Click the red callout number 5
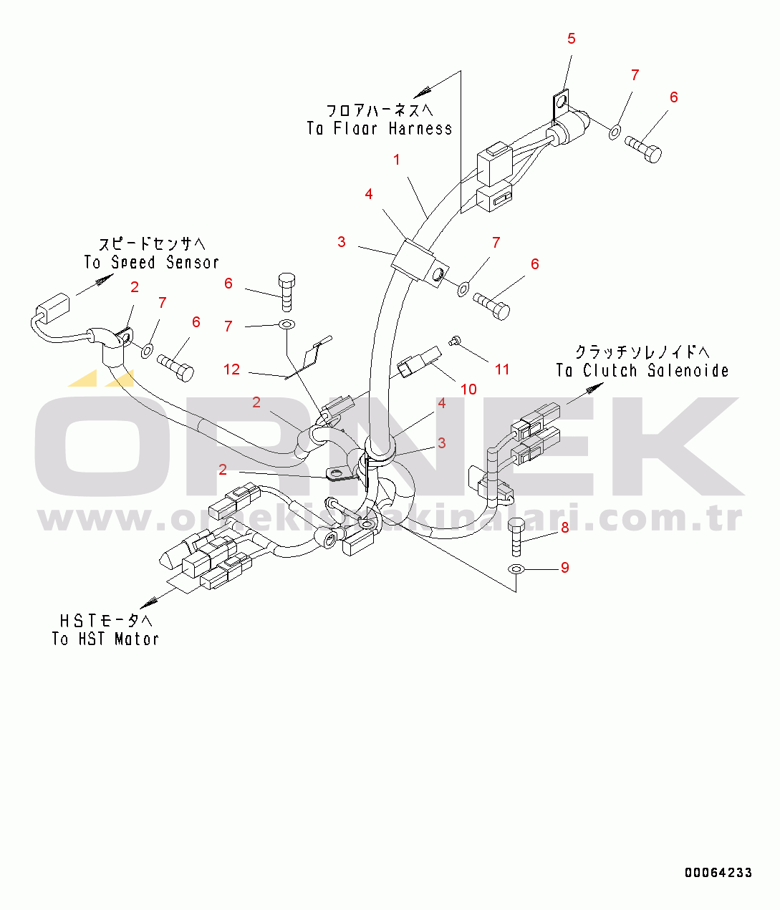(571, 39)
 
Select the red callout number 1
(397, 160)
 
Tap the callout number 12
(231, 369)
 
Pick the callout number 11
(502, 369)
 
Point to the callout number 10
(468, 389)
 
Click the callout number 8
(565, 528)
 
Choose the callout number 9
(565, 568)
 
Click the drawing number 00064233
(718, 872)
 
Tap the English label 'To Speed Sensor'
(151, 263)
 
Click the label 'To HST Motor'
(105, 639)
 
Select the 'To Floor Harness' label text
(380, 129)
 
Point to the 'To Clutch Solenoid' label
(642, 371)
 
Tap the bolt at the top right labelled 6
(645, 148)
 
